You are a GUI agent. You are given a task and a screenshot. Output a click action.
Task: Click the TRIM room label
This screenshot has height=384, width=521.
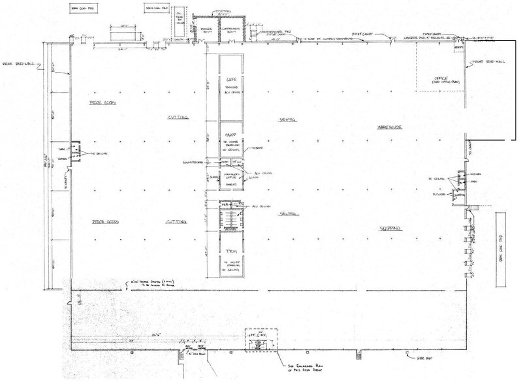(229, 251)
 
